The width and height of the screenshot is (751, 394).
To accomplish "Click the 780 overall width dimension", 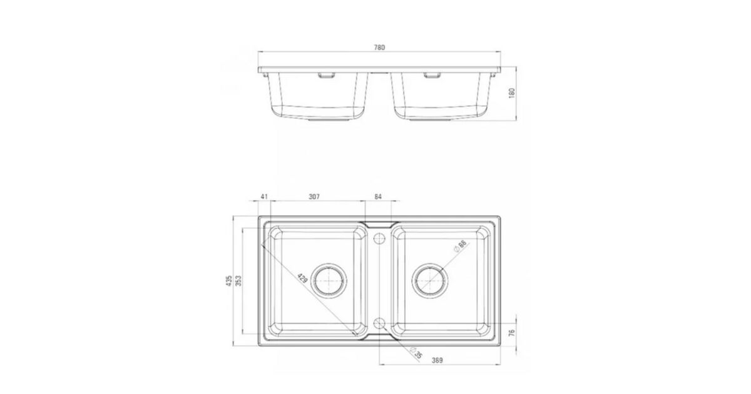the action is pyautogui.click(x=379, y=48).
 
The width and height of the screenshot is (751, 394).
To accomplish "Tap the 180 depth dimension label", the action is pyautogui.click(x=511, y=93).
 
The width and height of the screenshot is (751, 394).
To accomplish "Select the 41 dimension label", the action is pyautogui.click(x=264, y=196).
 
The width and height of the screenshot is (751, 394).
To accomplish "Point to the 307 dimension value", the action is pyautogui.click(x=314, y=196).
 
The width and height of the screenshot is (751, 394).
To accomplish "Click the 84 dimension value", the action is pyautogui.click(x=378, y=196).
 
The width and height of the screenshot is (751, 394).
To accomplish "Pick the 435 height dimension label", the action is pyautogui.click(x=229, y=281).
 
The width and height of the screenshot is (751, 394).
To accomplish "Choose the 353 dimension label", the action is pyautogui.click(x=238, y=281).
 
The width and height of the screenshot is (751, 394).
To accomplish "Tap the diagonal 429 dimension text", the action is pyautogui.click(x=302, y=278).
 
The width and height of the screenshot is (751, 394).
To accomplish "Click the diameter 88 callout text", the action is pyautogui.click(x=460, y=246).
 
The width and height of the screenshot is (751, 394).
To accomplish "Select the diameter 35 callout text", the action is pyautogui.click(x=416, y=353).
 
